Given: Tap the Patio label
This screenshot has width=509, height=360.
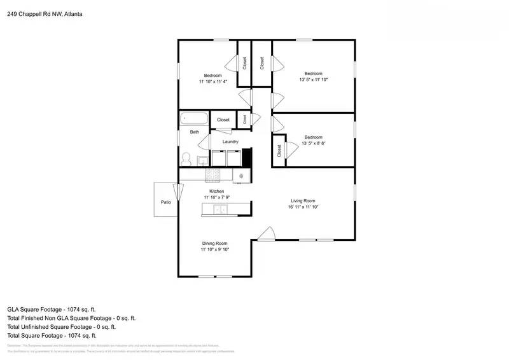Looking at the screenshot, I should pyautogui.click(x=165, y=202).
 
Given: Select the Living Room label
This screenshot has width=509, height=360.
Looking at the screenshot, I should pyautogui.click(x=303, y=200).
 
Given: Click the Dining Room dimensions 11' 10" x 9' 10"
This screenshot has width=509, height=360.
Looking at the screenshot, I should pyautogui.click(x=214, y=249).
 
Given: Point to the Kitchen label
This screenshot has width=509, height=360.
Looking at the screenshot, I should pyautogui.click(x=217, y=191).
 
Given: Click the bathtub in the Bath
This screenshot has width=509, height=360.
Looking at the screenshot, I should pyautogui.click(x=194, y=118).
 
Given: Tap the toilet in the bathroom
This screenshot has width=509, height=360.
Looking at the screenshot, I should pyautogui.click(x=187, y=157).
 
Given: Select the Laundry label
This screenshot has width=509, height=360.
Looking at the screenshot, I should pyautogui.click(x=230, y=142).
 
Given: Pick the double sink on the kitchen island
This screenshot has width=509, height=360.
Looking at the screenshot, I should pyautogui.click(x=220, y=210).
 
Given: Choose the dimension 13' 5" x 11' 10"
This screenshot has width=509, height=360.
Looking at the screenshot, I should pyautogui.click(x=313, y=80).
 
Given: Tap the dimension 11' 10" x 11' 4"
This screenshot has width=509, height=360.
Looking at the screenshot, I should pyautogui.click(x=213, y=81).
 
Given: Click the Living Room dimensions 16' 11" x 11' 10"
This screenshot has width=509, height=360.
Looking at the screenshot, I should pyautogui.click(x=303, y=207).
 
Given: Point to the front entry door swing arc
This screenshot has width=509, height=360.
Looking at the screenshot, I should pyautogui.click(x=266, y=234).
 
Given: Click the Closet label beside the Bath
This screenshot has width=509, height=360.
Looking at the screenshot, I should pyautogui.click(x=223, y=120).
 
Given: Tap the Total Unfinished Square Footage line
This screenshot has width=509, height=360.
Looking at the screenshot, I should pyautogui.click(x=61, y=326).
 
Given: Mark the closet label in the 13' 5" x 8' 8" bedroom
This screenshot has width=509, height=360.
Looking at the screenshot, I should pyautogui.click(x=279, y=151).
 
